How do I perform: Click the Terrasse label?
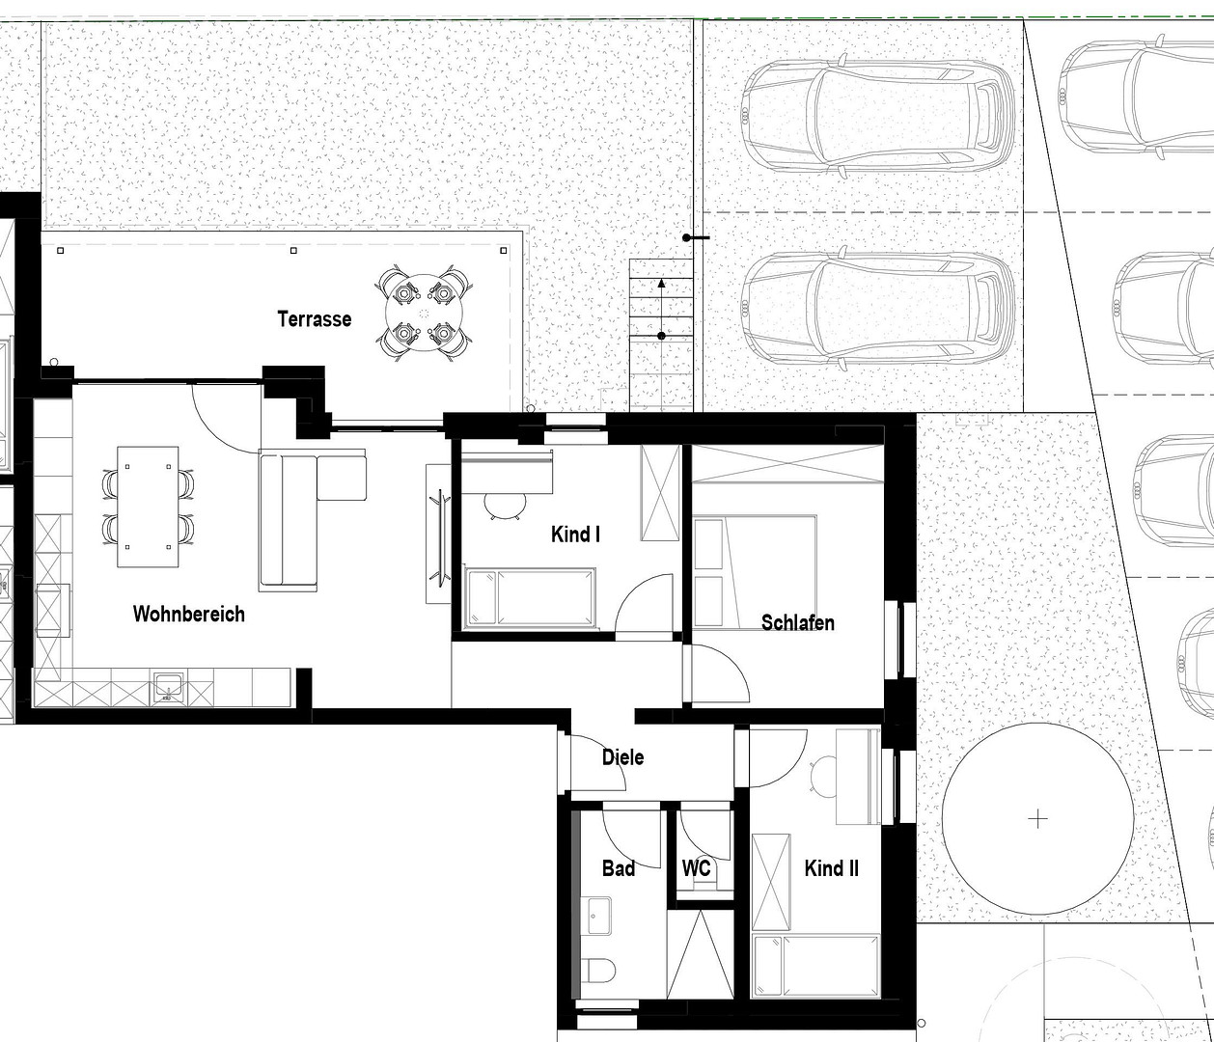click(x=315, y=319)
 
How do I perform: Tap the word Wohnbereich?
click(x=188, y=614)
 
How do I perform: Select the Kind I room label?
click(x=575, y=534)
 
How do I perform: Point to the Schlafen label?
click(x=797, y=622)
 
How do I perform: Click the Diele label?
click(x=622, y=757)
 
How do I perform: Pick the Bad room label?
click(x=619, y=868)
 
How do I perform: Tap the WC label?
click(x=697, y=867)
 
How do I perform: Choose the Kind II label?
click(x=831, y=868)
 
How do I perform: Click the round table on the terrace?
click(x=424, y=313)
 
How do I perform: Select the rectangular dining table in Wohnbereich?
click(x=148, y=507)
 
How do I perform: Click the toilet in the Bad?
click(x=598, y=970)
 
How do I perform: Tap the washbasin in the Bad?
click(x=596, y=916)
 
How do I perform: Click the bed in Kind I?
click(x=530, y=597)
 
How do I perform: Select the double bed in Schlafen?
click(x=756, y=573)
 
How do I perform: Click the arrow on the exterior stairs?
click(x=661, y=309)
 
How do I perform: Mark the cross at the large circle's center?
click(x=1037, y=819)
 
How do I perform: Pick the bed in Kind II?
click(x=815, y=967)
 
